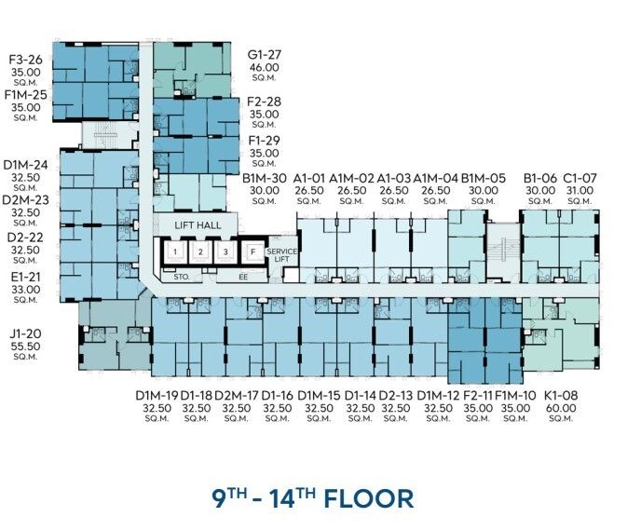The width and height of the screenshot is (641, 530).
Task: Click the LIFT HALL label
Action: coord(198,225)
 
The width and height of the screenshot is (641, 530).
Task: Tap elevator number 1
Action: coord(175,252)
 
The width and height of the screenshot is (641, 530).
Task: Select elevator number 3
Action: coord(225,252)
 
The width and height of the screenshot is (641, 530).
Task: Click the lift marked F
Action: coord(252,252)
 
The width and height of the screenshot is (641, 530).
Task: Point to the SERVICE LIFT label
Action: coord(281,255)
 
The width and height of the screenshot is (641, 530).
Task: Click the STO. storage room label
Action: coord(182,277)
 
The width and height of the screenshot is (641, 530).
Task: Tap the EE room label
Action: coord(243,277)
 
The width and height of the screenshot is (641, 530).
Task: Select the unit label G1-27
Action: coord(265,55)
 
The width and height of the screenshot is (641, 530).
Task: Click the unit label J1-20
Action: coord(25,333)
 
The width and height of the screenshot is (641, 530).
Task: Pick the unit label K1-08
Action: coord(561,395)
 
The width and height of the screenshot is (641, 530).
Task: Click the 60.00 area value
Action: coord(561,408)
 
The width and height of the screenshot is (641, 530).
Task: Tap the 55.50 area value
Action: coord(25,347)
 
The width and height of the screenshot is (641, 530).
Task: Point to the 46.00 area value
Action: coord(265,67)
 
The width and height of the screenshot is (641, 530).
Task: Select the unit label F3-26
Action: coord(25,60)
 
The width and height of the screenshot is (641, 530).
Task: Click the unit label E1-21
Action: coord(25,277)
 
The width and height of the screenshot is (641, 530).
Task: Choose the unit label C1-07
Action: coord(580,178)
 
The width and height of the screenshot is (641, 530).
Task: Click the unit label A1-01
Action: coord(309,178)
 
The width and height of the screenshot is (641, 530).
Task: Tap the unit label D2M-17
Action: coord(237,395)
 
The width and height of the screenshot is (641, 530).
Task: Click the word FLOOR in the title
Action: coord(369,499)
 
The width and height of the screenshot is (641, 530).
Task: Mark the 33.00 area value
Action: coord(25,290)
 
